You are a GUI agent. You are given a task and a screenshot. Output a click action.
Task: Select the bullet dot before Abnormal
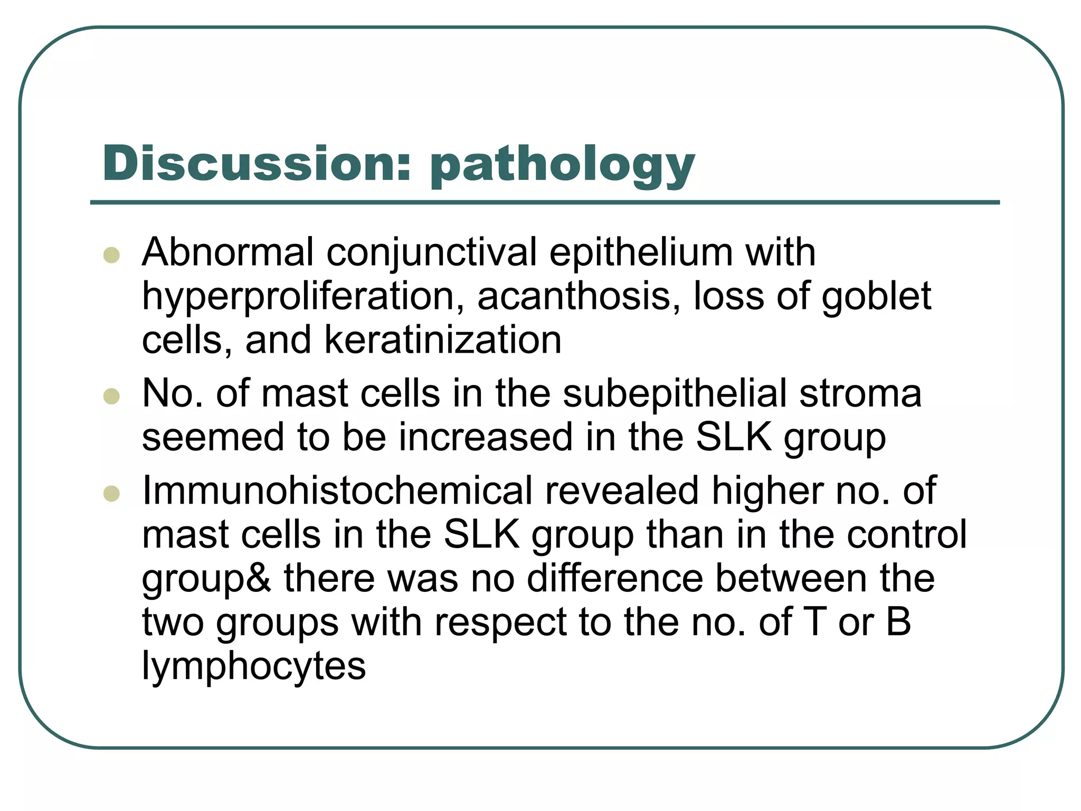pos(111,255)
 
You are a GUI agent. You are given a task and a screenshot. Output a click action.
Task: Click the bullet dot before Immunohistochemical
pos(111,494)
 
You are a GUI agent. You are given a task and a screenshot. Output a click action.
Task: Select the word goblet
pos(876,297)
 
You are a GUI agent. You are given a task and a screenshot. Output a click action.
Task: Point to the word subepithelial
pos(675,394)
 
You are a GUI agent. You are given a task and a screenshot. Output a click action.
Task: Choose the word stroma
pos(860,394)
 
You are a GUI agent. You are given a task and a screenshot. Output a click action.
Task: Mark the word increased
pos(485,438)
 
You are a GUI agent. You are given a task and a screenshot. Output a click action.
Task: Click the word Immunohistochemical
pos(337,491)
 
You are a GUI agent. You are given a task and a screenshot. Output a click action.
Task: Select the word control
pos(907,535)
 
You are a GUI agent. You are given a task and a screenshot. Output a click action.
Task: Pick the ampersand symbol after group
pos(259,579)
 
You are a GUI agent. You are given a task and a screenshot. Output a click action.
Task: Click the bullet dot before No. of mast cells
pos(111,396)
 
